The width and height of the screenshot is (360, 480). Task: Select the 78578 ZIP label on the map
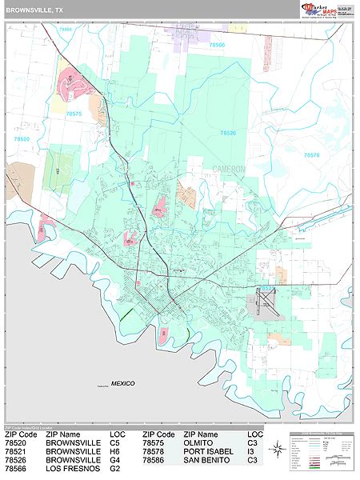(x=311, y=155)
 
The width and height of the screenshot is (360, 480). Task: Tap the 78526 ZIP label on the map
(x=229, y=132)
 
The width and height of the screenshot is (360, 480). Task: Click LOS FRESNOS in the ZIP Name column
(x=74, y=469)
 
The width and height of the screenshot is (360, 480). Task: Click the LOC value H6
(x=116, y=450)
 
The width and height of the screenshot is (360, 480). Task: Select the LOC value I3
(x=252, y=450)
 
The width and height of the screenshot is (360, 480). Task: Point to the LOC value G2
(x=116, y=469)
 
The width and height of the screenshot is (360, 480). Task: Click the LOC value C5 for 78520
(x=116, y=441)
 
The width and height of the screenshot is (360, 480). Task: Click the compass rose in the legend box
(x=276, y=448)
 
